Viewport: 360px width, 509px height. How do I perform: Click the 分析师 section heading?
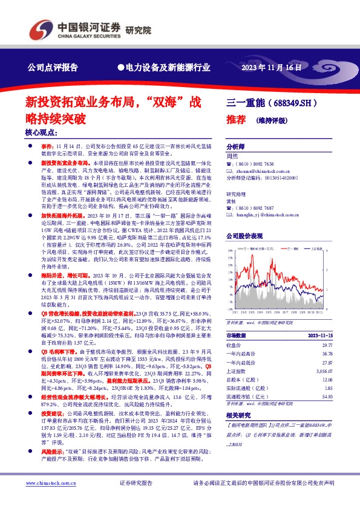click(236, 147)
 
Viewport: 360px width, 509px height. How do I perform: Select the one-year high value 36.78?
click(327, 354)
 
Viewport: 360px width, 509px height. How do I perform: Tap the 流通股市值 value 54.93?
click(327, 397)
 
